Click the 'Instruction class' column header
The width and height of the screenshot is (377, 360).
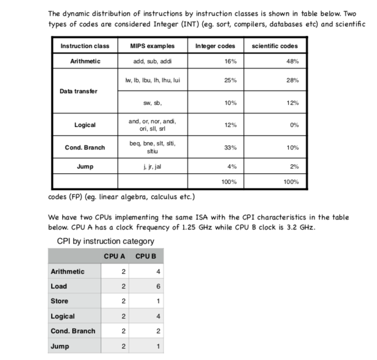pyautogui.click(x=85, y=46)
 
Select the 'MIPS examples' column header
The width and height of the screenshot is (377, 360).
pyautogui.click(x=152, y=46)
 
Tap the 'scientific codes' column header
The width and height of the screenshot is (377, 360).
pyautogui.click(x=274, y=46)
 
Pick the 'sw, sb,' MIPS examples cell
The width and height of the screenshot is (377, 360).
pyautogui.click(x=152, y=103)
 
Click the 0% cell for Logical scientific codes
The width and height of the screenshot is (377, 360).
pyautogui.click(x=294, y=125)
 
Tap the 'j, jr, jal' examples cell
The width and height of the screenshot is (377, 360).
pyautogui.click(x=152, y=167)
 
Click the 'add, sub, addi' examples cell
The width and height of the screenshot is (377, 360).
pyautogui.click(x=152, y=62)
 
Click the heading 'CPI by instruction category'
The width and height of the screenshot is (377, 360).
pyautogui.click(x=105, y=242)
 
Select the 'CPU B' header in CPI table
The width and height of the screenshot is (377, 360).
pyautogui.click(x=146, y=257)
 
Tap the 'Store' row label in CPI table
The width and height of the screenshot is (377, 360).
pyautogui.click(x=59, y=302)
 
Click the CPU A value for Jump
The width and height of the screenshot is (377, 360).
pyautogui.click(x=123, y=346)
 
